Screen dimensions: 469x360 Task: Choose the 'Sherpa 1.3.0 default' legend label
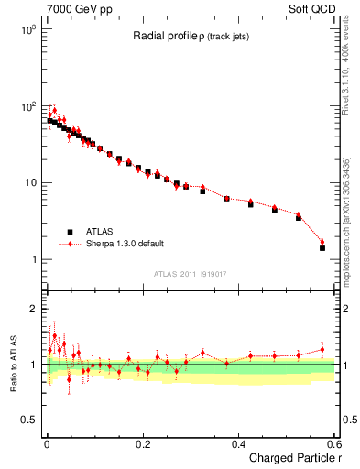pyautogui.click(x=120, y=245)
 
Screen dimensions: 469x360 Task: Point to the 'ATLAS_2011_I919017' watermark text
pyautogui.click(x=190, y=274)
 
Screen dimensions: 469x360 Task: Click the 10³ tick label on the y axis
pyautogui.click(x=28, y=29)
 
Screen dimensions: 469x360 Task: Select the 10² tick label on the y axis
pyautogui.click(x=28, y=106)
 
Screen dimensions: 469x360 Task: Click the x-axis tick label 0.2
pyautogui.click(x=142, y=443)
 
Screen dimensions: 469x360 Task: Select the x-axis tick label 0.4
pyautogui.click(x=238, y=443)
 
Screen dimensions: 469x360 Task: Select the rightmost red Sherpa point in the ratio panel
pyautogui.click(x=322, y=349)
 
